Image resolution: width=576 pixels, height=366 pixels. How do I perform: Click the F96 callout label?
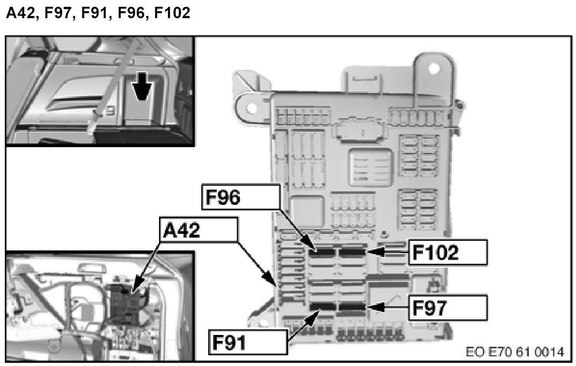point(240,199)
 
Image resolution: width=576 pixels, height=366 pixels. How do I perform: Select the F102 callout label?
point(448,252)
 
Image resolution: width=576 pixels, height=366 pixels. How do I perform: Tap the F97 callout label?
point(448,308)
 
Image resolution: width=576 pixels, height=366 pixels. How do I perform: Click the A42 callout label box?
point(198,232)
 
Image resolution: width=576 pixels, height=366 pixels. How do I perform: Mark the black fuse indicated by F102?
point(351,251)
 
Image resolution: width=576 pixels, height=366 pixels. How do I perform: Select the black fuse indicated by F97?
point(351,307)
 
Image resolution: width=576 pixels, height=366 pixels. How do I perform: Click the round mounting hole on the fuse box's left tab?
point(249,108)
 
